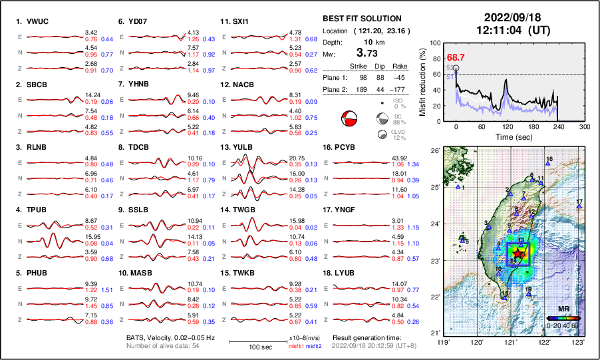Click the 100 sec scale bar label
[254, 348]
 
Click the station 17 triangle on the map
[579, 207]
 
